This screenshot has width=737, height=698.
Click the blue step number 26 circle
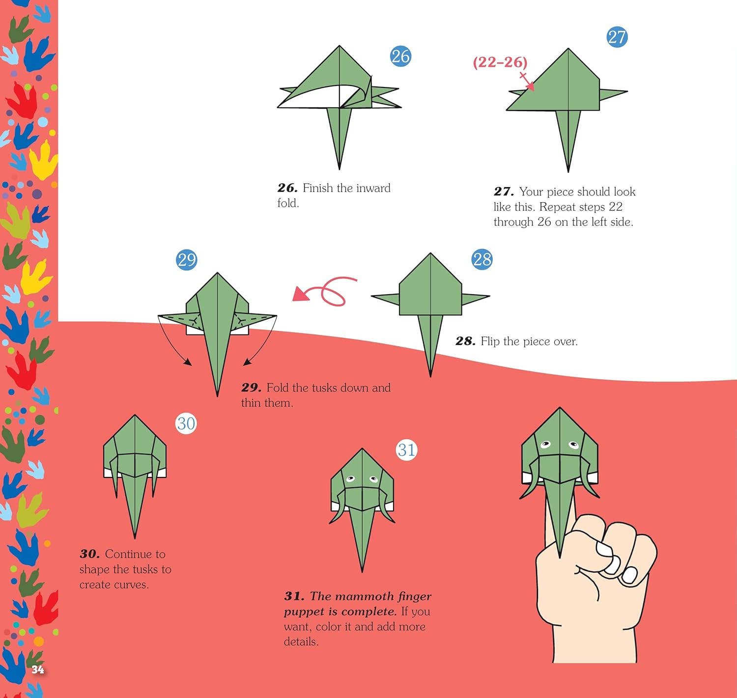[401, 56]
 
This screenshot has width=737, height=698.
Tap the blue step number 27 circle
[617, 37]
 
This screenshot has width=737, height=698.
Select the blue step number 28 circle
[482, 259]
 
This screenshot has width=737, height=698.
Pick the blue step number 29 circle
[187, 260]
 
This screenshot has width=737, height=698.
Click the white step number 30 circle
[186, 423]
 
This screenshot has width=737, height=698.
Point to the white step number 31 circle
[407, 450]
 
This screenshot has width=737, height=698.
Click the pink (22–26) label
[500, 62]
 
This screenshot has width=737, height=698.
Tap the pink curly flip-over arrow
[325, 291]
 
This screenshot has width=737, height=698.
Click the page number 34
[37, 670]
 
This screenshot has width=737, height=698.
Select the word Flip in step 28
[490, 341]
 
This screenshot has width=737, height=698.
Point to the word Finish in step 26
[318, 188]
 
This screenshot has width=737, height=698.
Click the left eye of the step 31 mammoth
[350, 478]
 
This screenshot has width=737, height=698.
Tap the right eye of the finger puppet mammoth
[573, 445]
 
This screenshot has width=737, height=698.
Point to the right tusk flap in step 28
[475, 299]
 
